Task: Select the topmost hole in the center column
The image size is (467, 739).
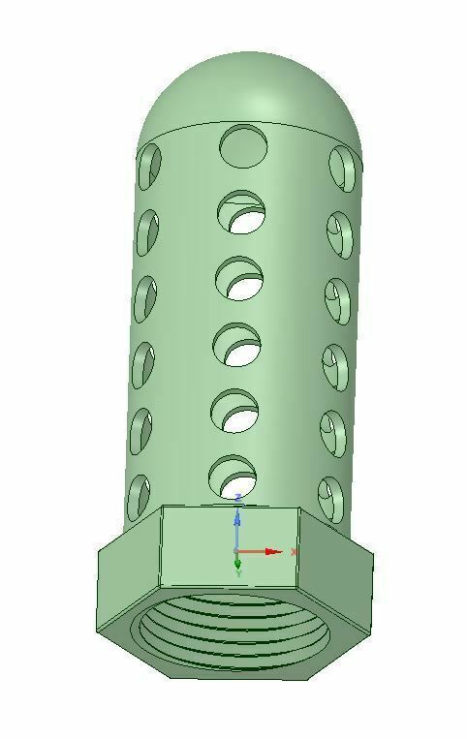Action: coord(243,146)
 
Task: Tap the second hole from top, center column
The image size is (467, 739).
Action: coord(241,212)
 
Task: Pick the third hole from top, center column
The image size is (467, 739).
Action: coord(239,278)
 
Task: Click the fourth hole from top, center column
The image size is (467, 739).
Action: coord(237,345)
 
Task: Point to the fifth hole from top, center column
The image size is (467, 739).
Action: coord(234,411)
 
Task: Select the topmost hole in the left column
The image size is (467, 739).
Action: coord(149,167)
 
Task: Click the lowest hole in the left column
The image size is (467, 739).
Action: coord(139,498)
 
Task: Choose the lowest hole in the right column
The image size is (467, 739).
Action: coord(331,500)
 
